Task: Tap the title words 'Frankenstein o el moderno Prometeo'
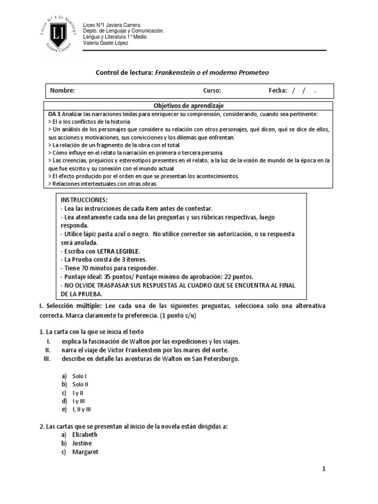click(x=212, y=72)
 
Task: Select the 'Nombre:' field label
click(x=62, y=91)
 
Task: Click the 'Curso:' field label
click(x=212, y=91)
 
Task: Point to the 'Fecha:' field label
click(x=278, y=91)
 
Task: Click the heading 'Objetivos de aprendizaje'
click(x=189, y=106)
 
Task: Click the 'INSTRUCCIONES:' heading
click(x=83, y=201)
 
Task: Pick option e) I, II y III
click(x=81, y=409)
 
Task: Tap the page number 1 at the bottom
click(x=324, y=469)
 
